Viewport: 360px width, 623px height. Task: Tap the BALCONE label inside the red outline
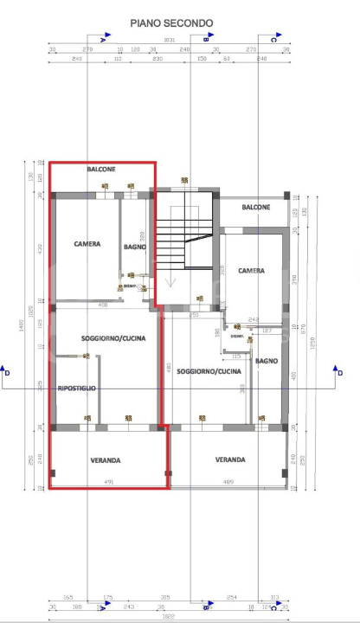coord(100,170)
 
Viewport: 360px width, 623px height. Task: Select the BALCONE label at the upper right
coord(255,208)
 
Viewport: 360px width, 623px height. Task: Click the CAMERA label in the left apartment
coord(87,244)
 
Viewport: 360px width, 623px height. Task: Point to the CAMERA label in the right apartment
coord(251,271)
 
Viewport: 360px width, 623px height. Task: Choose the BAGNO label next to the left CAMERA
coord(134,247)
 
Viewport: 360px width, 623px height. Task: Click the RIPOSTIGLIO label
coord(77,389)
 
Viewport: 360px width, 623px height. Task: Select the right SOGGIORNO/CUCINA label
coord(209,371)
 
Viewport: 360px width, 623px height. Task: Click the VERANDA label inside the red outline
coord(106,460)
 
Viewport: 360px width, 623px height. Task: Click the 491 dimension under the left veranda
coord(109,482)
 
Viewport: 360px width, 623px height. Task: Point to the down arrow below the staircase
coord(172,281)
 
